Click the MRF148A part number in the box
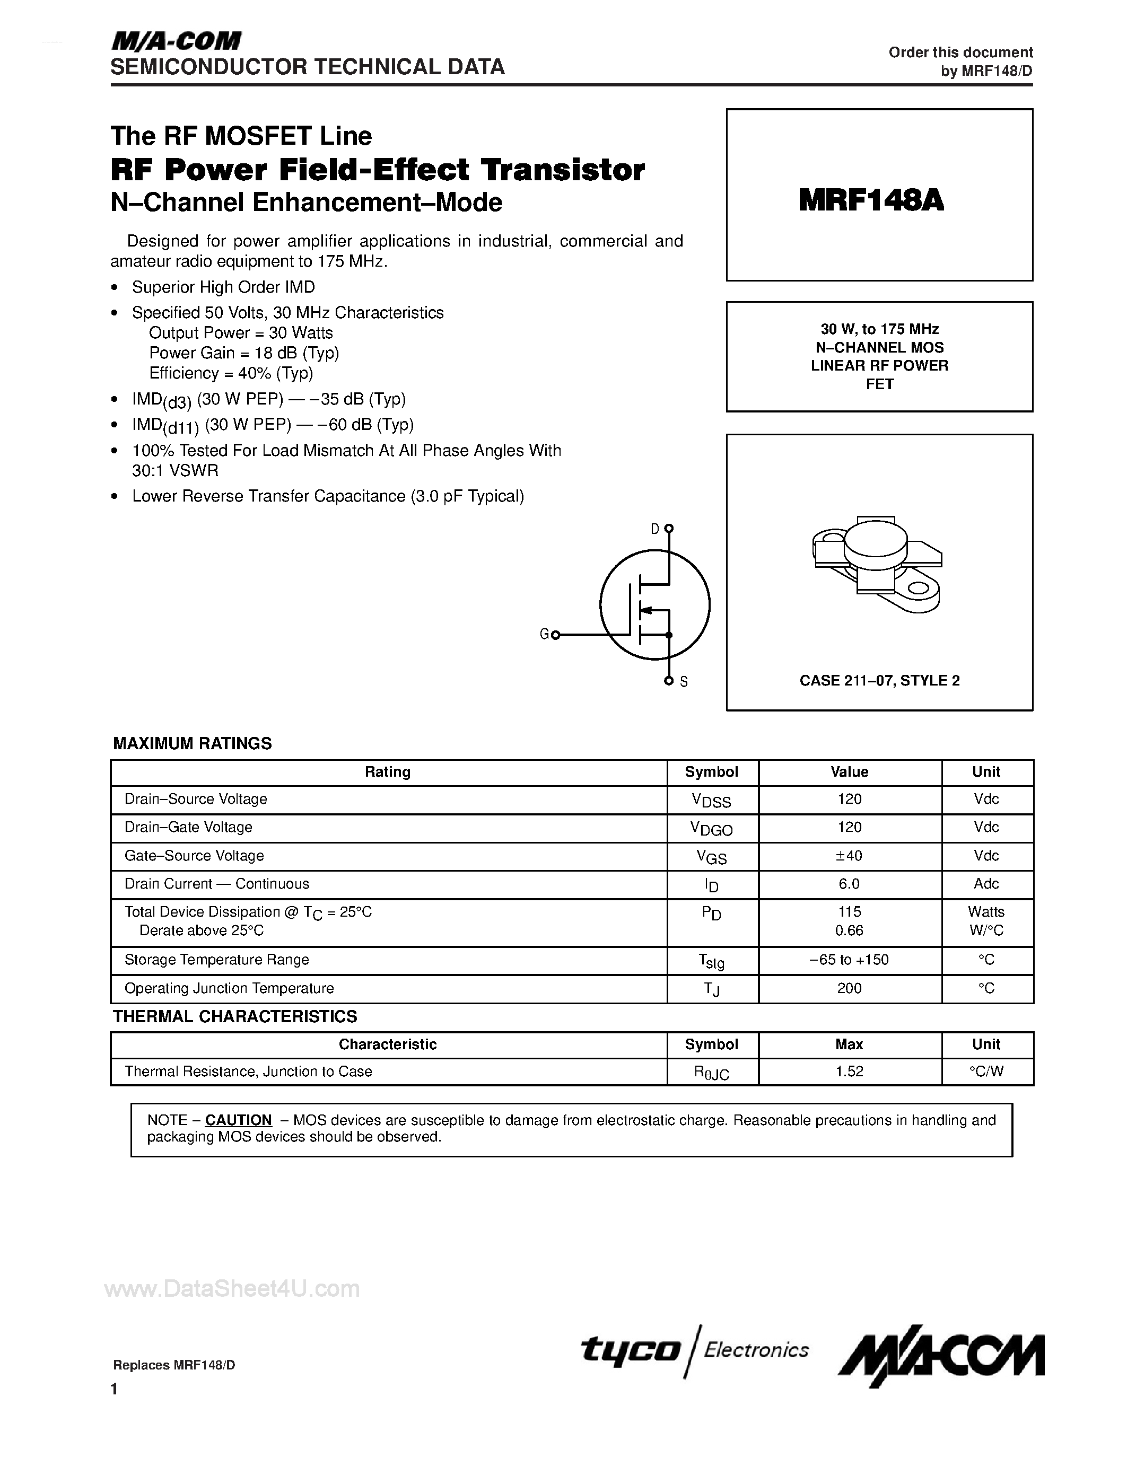871,200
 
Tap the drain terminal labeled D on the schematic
669,529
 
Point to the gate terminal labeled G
555,635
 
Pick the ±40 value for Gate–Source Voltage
849,856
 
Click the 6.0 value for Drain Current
849,884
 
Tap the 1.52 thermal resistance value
849,1071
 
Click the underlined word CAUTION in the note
238,1120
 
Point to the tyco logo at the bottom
630,1349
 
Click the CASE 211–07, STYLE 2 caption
879,680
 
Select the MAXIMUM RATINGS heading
193,744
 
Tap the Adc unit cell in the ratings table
986,884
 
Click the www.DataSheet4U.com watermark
232,1288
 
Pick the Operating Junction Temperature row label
229,988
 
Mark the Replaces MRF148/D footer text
174,1365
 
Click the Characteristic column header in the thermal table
387,1044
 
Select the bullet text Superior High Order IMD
223,287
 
